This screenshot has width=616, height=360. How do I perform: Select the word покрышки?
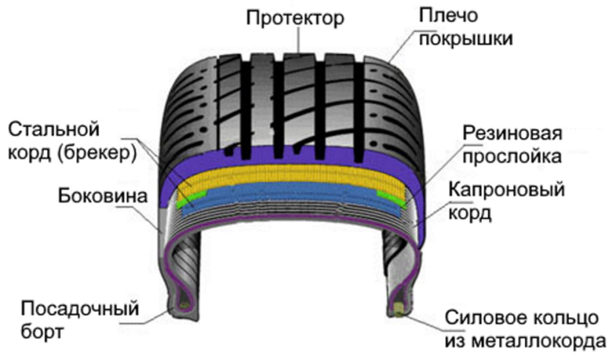coord(465,39)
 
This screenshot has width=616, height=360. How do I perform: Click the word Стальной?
coord(54,130)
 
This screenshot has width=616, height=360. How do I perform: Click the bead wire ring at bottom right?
coord(399,310)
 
